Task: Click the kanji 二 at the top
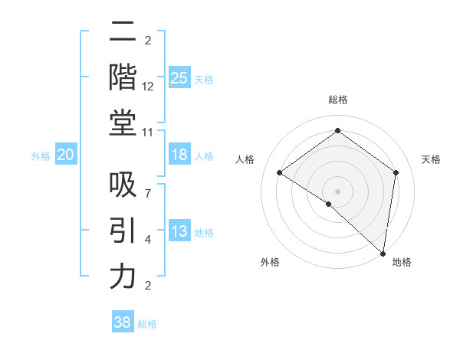(x=123, y=31)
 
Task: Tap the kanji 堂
(x=123, y=123)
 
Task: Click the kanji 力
(x=123, y=277)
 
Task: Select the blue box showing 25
(x=179, y=77)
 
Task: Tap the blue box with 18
(x=179, y=155)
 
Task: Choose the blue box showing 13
(x=179, y=231)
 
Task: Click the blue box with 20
(x=65, y=155)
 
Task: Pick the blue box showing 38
(x=123, y=322)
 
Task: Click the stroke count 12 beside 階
(x=148, y=87)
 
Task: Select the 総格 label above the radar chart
(x=337, y=100)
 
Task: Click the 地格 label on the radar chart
(x=402, y=262)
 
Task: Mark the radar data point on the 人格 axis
(x=280, y=173)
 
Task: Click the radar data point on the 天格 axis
(x=396, y=172)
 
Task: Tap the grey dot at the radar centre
(x=337, y=191)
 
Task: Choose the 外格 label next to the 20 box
(x=41, y=155)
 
